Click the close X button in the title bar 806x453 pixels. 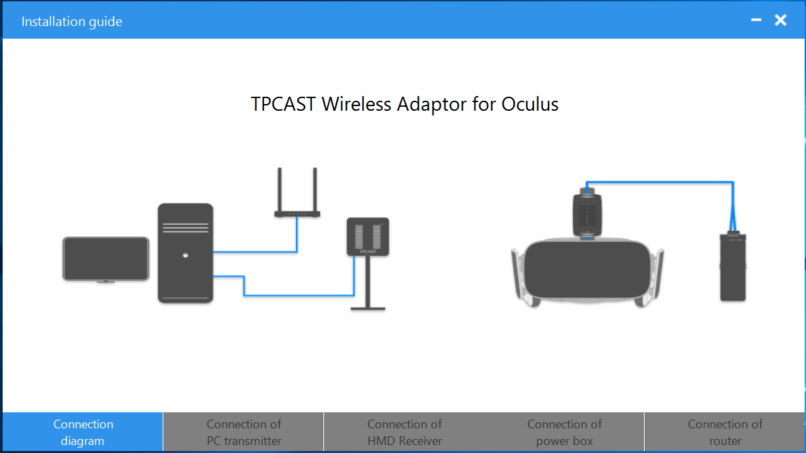[781, 20]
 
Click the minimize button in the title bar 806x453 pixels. [756, 20]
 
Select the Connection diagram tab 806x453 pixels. [83, 432]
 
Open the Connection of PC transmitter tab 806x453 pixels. [243, 432]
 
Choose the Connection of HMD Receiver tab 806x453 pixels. [405, 432]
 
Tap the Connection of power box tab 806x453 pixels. [564, 432]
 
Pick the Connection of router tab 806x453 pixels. [725, 432]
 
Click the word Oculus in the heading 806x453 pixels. [529, 105]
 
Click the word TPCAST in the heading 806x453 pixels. [283, 105]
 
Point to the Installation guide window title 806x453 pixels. [71, 21]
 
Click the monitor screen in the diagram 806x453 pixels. [106, 258]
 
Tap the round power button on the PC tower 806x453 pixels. [185, 256]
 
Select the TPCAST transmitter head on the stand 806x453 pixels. [368, 237]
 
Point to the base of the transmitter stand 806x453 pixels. [368, 309]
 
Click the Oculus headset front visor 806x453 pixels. [587, 270]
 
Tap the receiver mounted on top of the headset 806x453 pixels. [587, 214]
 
